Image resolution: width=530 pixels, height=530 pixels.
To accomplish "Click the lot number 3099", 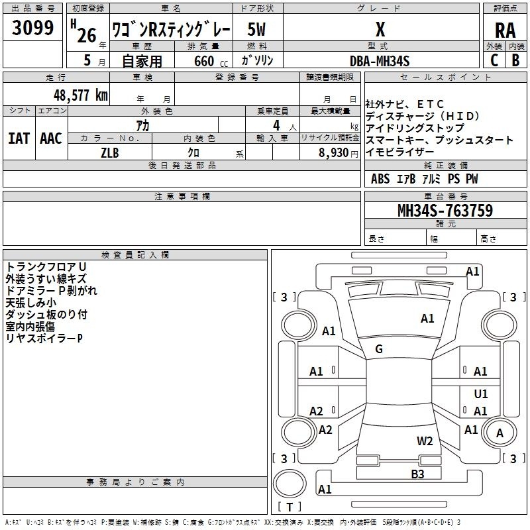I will (x=32, y=28).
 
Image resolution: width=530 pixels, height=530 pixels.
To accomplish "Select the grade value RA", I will (x=505, y=30).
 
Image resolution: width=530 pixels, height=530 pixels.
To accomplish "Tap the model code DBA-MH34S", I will (x=380, y=60).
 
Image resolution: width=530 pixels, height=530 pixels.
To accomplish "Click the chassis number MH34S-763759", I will (x=445, y=211).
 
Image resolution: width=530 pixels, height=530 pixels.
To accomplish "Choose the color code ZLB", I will (x=110, y=152).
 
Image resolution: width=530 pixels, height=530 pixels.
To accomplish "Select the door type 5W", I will (x=257, y=29).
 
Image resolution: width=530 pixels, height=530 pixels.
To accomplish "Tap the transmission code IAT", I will (x=19, y=138).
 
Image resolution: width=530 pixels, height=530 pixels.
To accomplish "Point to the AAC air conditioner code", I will (x=51, y=138).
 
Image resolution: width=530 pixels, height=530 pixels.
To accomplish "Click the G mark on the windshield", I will (x=379, y=349).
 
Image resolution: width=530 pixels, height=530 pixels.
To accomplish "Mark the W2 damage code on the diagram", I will (x=425, y=441).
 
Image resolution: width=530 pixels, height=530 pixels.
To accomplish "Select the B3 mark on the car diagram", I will (x=417, y=474).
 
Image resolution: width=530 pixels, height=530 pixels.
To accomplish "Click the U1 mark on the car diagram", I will (x=481, y=394).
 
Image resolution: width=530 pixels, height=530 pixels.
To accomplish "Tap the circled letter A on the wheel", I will (x=500, y=433).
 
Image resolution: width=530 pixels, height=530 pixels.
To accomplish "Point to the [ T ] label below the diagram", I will (x=289, y=507).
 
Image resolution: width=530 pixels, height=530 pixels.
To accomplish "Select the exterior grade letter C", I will (x=494, y=60).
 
